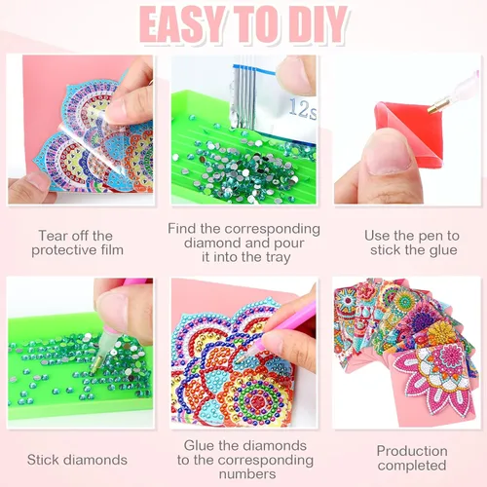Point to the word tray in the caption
[278, 258]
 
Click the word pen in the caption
[431, 237]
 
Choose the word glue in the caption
[442, 250]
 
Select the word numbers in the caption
[247, 474]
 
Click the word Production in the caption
[412, 451]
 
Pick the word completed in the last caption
[412, 466]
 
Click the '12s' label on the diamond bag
[303, 109]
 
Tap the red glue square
[411, 134]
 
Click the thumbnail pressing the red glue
[389, 155]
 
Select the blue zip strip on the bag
[254, 69]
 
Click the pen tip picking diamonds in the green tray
[94, 367]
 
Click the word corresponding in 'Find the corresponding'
[272, 229]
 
